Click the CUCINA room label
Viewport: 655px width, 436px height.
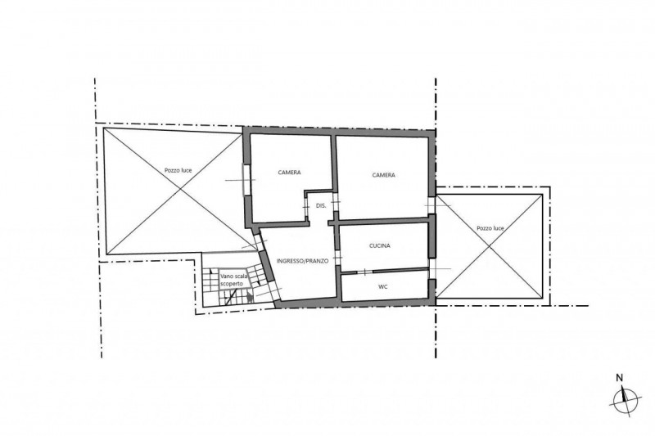pyautogui.click(x=380, y=245)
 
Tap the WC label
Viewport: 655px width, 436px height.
pyautogui.click(x=382, y=286)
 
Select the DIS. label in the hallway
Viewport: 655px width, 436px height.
pyautogui.click(x=321, y=205)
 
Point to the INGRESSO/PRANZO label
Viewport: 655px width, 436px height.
pyautogui.click(x=302, y=261)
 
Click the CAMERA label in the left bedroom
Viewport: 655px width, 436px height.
pyautogui.click(x=290, y=173)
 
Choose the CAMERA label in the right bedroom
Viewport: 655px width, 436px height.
pyautogui.click(x=383, y=175)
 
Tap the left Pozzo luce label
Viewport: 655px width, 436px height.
pyautogui.click(x=178, y=170)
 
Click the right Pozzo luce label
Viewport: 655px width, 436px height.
pyautogui.click(x=490, y=228)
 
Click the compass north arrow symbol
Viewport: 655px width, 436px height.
pyautogui.click(x=625, y=400)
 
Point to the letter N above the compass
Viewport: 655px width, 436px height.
pyautogui.click(x=620, y=379)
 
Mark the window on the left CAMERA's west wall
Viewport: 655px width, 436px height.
pyautogui.click(x=246, y=180)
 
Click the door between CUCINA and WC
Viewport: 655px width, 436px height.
pyautogui.click(x=365, y=272)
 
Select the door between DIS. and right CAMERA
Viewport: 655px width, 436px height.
pyautogui.click(x=336, y=202)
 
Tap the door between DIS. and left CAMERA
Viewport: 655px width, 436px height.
pyautogui.click(x=305, y=206)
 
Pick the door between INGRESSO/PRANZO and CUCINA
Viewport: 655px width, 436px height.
pyautogui.click(x=337, y=258)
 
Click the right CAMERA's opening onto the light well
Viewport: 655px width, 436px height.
pyautogui.click(x=431, y=205)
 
